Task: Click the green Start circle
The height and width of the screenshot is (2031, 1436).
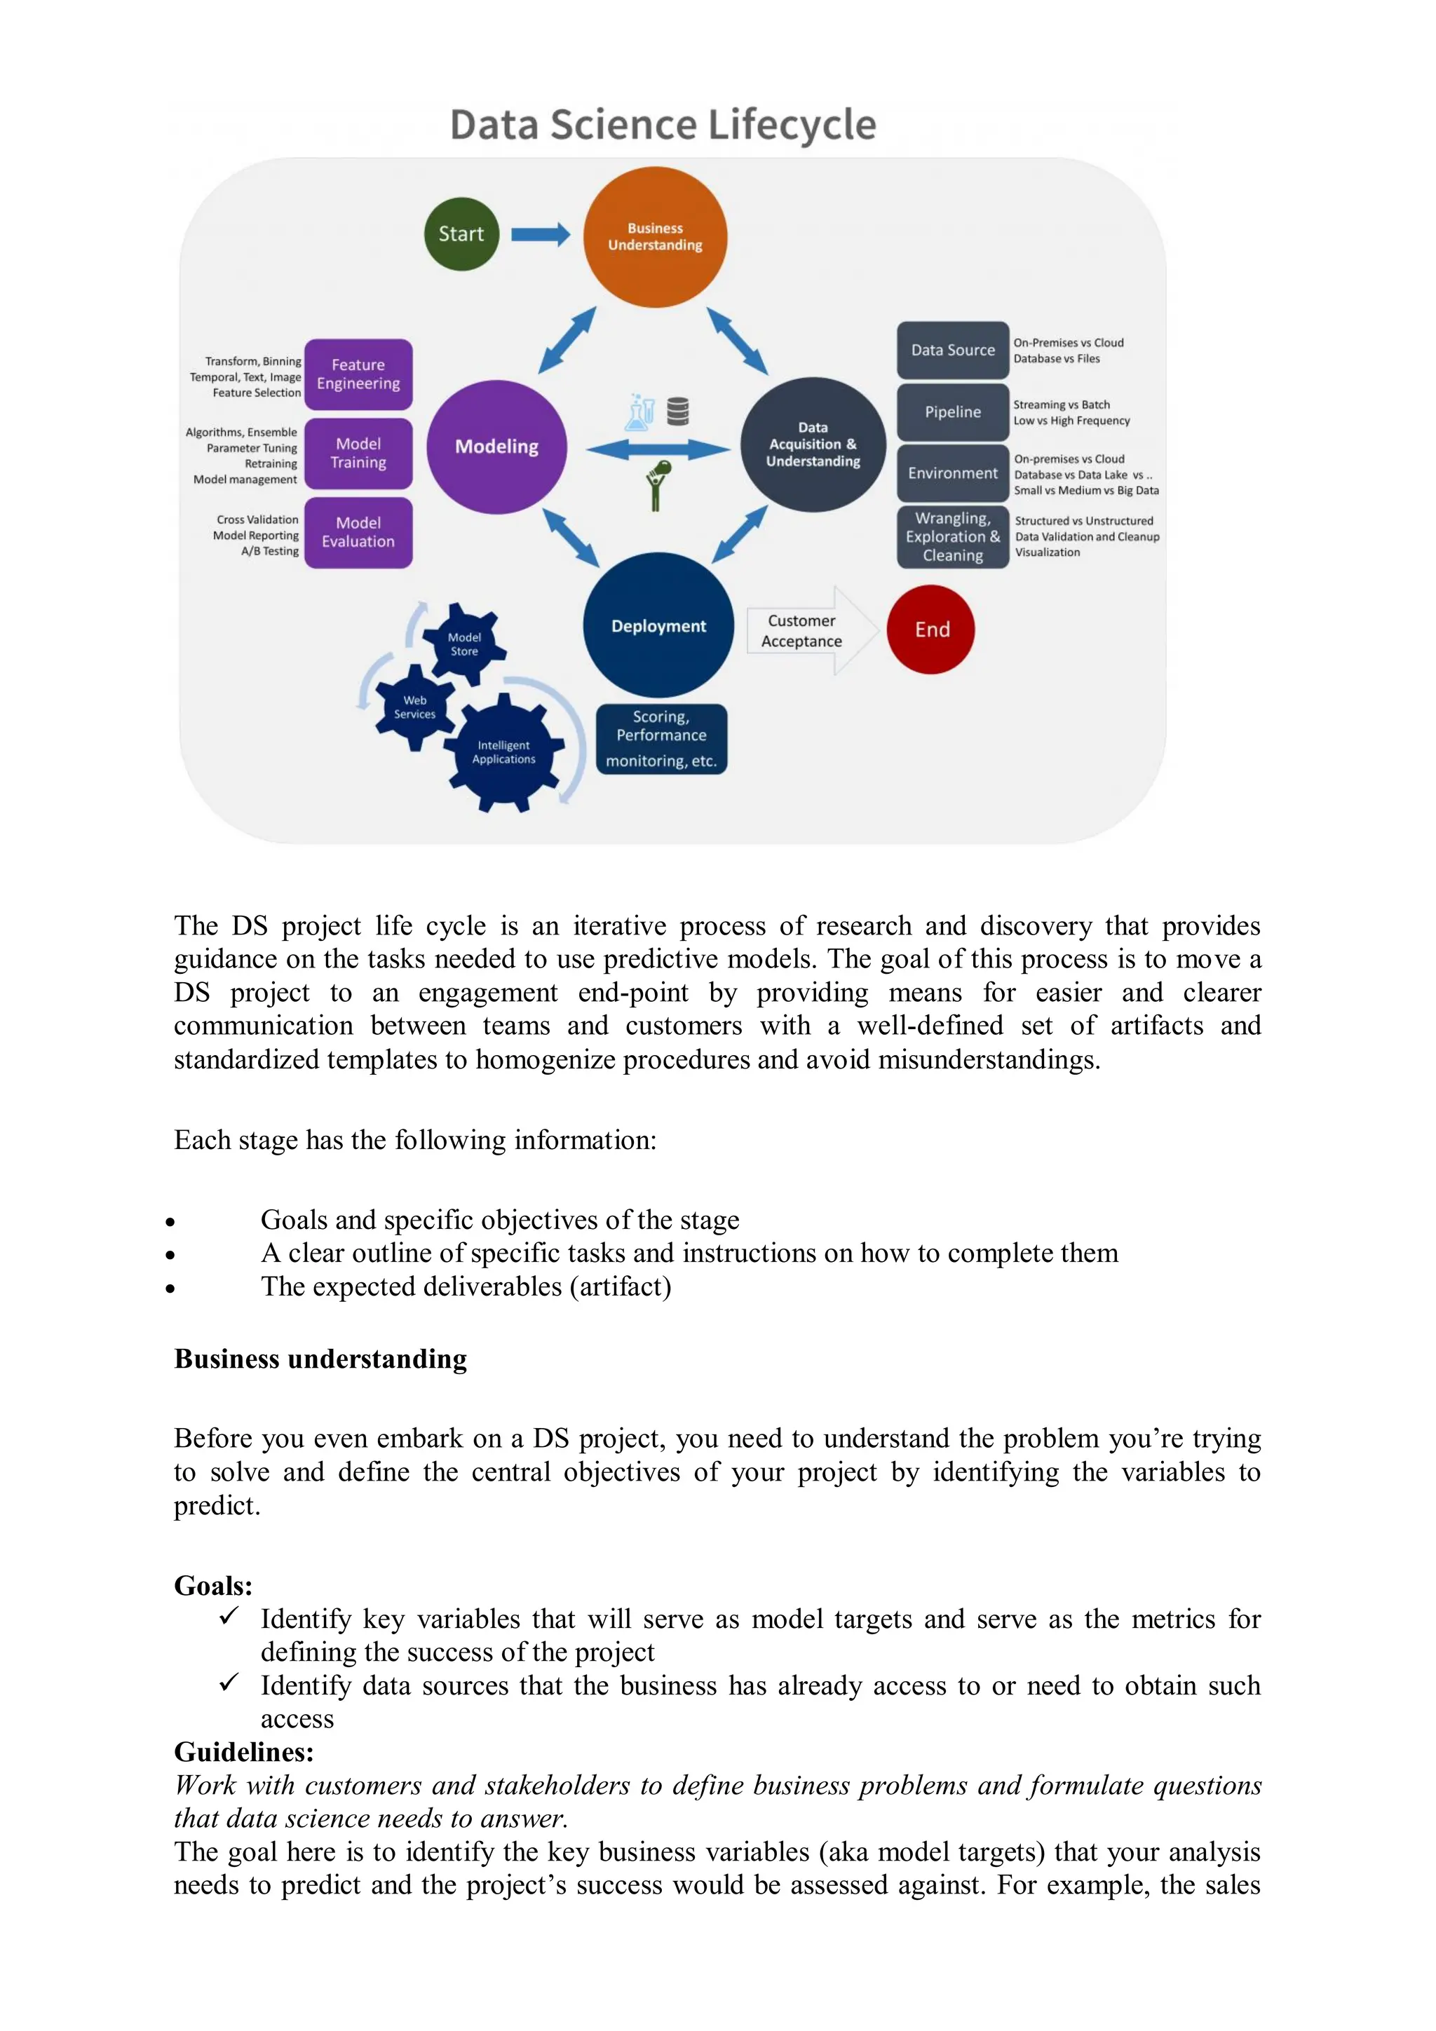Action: point(461,233)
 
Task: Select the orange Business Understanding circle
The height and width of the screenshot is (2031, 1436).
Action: point(655,237)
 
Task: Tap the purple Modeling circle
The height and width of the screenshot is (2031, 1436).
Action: point(496,447)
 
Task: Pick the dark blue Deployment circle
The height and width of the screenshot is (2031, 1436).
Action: point(658,625)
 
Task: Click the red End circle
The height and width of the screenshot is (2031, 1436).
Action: point(930,630)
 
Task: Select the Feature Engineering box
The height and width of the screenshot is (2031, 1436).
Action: point(358,374)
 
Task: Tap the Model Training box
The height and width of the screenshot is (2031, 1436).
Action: point(358,453)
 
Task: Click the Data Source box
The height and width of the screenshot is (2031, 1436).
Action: point(953,351)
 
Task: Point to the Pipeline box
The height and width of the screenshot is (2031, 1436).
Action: point(953,412)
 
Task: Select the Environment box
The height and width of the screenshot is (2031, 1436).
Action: point(953,473)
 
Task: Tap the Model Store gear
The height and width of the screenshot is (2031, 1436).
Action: point(463,644)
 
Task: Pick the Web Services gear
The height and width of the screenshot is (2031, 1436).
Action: point(415,707)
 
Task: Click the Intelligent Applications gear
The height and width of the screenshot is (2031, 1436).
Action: point(503,752)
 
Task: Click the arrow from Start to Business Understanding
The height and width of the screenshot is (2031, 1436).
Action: point(541,234)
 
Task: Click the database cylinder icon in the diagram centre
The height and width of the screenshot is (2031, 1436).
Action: point(678,412)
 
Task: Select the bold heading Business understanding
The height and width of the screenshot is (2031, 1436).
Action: point(320,1359)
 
